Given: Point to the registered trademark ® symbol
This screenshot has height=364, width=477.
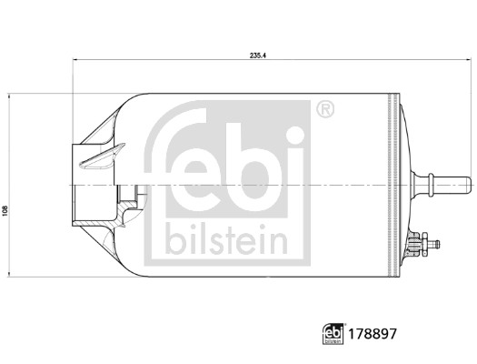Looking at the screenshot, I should pyautogui.click(x=324, y=110).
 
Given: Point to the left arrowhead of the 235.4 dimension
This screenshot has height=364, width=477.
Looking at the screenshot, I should pyautogui.click(x=75, y=62).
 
